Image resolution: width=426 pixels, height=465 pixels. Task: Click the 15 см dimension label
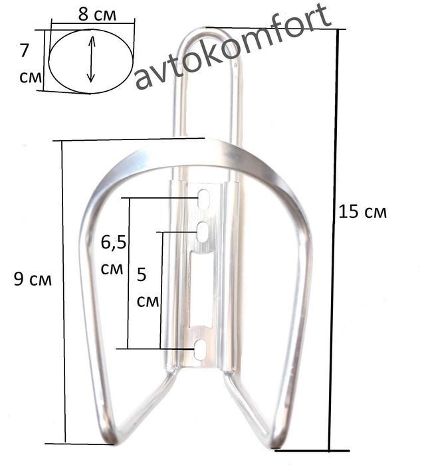362,212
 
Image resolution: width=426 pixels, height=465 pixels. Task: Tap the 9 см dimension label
33,279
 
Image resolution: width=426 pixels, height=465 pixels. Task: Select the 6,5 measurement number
114,242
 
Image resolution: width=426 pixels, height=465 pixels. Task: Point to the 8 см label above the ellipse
97,14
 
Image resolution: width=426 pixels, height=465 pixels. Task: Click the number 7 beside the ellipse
24,50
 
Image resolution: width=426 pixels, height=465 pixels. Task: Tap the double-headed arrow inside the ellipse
91,59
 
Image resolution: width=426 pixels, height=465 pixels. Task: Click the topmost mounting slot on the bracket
204,198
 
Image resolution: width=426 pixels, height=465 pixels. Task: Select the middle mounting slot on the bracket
203,232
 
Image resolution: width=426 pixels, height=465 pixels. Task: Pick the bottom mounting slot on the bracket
200,349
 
